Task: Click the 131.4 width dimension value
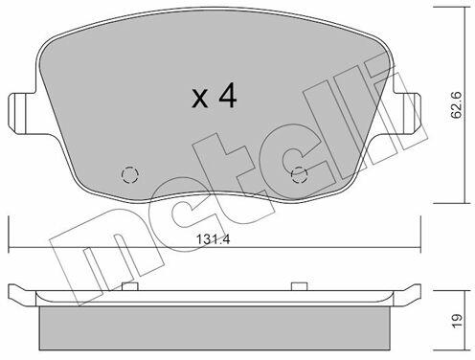[x=213, y=239]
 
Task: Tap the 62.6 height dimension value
[x=457, y=105]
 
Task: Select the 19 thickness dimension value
[x=457, y=321]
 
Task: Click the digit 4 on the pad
[x=228, y=95]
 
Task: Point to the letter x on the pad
[x=200, y=99]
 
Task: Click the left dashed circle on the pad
[x=130, y=175]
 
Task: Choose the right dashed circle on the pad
[x=300, y=175]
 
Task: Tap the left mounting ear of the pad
[x=21, y=114]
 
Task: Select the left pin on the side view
[x=130, y=286]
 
